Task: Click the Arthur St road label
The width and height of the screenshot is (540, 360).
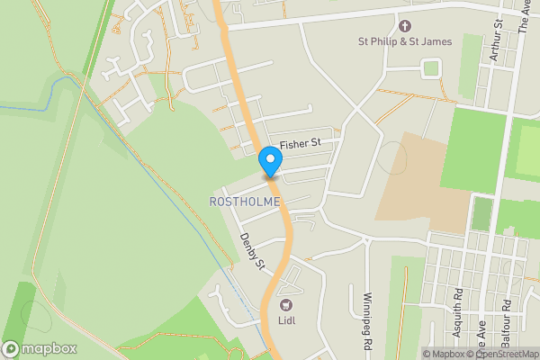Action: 493,40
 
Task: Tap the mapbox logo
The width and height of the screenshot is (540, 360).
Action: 39,348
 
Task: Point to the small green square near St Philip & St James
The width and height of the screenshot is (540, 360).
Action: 432,67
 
